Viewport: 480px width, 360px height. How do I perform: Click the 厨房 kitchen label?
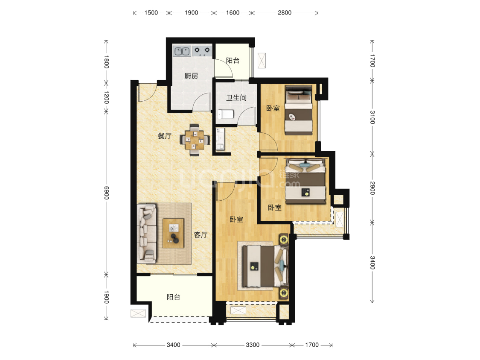coord(191,76)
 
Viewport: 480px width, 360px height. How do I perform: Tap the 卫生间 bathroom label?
coord(236,98)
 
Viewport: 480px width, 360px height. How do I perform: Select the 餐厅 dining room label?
coord(165,136)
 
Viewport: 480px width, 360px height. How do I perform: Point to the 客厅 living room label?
coord(201,235)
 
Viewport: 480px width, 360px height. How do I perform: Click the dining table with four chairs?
coord(195,140)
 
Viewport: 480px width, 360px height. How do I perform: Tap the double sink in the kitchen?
coord(182,51)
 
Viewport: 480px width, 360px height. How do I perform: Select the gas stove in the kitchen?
coord(202,51)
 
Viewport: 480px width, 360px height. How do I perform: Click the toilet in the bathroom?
coord(226,114)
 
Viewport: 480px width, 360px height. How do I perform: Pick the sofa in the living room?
coord(147,234)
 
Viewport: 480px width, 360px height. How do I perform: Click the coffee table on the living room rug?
coord(173,233)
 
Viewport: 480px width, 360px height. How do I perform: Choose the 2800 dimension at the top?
coord(285,12)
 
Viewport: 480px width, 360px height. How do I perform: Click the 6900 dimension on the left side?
coord(106,193)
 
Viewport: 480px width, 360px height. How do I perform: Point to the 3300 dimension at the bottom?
coord(253,345)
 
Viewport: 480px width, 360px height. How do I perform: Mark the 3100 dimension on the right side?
coord(372,117)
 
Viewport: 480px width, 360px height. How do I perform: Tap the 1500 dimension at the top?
coord(151,12)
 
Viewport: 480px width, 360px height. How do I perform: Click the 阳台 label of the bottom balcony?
coord(174,296)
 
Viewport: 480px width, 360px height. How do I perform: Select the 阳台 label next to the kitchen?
coord(233,60)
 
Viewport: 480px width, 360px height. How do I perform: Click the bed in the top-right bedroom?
coord(299,110)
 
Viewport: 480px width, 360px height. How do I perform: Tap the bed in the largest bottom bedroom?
coord(265,266)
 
